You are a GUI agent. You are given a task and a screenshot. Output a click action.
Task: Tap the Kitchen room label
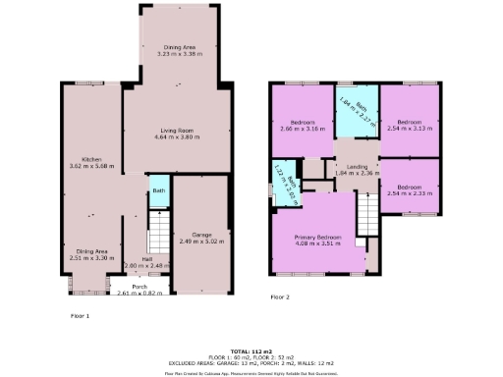(x=92, y=159)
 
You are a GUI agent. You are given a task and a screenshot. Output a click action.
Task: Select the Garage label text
(x=202, y=235)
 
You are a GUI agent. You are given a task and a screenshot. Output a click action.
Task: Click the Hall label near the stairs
(x=134, y=258)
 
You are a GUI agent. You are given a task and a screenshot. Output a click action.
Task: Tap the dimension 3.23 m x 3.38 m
(x=180, y=55)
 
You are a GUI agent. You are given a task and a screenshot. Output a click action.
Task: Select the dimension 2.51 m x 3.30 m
(x=92, y=258)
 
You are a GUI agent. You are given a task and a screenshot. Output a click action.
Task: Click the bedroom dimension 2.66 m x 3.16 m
(x=300, y=129)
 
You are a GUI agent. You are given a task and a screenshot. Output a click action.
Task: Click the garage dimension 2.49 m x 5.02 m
(x=202, y=242)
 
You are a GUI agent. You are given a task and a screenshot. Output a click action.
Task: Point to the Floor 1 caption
(x=81, y=316)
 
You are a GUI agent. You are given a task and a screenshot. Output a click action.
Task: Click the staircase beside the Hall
(x=157, y=236)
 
